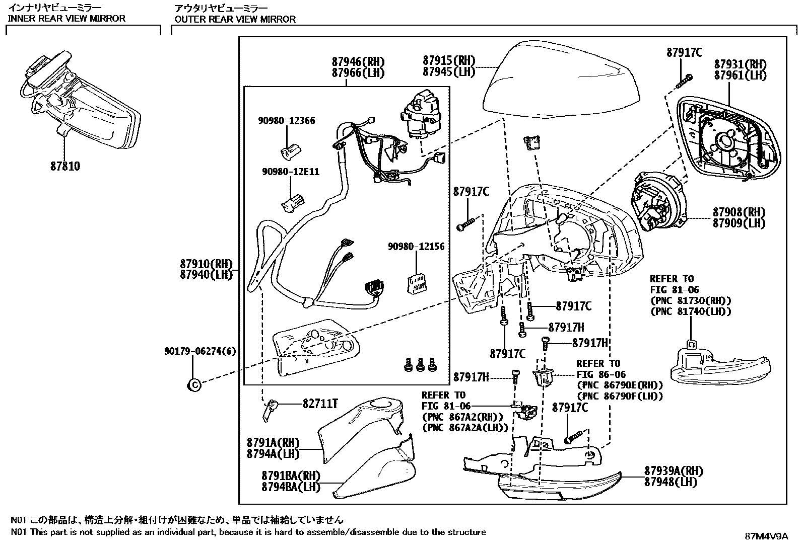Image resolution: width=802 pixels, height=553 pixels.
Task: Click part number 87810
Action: click(x=65, y=166)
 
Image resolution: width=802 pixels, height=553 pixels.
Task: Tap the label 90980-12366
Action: click(x=287, y=121)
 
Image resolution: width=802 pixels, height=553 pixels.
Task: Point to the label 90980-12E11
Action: click(x=291, y=172)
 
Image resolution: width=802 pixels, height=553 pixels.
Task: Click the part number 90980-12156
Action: click(x=417, y=247)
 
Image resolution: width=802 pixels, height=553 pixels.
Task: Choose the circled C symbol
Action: click(x=194, y=385)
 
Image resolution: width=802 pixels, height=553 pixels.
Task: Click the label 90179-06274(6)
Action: click(x=200, y=351)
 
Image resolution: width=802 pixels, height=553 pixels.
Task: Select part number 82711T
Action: click(x=320, y=404)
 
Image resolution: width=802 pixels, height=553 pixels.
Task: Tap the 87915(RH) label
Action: click(x=449, y=60)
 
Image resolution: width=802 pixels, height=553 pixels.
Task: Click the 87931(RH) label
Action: click(x=741, y=64)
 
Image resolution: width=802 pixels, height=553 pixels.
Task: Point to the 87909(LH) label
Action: click(x=739, y=223)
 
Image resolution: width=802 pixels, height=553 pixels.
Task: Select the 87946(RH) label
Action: click(x=358, y=61)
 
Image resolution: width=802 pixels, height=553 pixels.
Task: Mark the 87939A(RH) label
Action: click(x=674, y=471)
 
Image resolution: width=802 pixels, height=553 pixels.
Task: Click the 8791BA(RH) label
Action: click(x=291, y=476)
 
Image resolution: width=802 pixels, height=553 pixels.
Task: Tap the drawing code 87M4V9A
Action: click(x=767, y=536)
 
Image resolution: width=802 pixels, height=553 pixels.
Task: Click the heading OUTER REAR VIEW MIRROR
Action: click(x=235, y=19)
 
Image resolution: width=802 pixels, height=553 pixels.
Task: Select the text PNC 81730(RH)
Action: click(x=691, y=301)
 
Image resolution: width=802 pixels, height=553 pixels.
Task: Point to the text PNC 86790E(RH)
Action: click(x=620, y=385)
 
